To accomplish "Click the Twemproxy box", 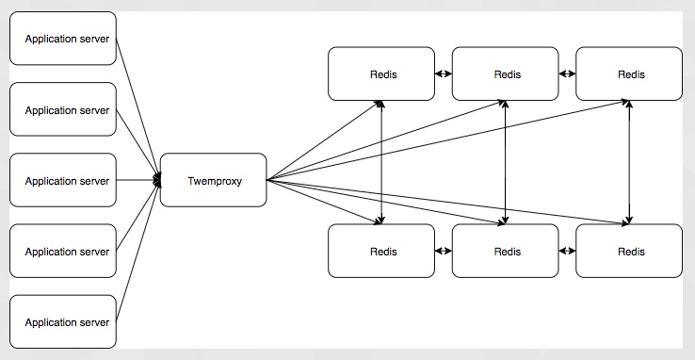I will pos(214,180).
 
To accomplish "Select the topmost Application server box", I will pos(63,40).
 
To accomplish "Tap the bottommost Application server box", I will pos(63,322).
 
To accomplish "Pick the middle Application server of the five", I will pos(63,180).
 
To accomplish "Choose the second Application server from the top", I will pos(63,110).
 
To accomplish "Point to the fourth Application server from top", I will pos(63,252).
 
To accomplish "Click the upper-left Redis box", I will pos(382,74).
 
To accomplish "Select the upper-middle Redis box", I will pos(507,74).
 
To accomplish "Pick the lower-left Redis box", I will pos(382,252).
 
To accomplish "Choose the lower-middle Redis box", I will pos(507,252).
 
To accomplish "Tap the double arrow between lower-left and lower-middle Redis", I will pos(444,252).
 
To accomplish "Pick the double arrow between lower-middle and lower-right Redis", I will pos(568,252).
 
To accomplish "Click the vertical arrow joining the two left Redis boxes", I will pos(381,162).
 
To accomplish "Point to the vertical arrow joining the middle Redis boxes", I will pos(507,162).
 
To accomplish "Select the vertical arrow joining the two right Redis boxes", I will pos(629,162).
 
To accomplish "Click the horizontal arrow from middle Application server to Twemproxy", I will pos(137,180).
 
